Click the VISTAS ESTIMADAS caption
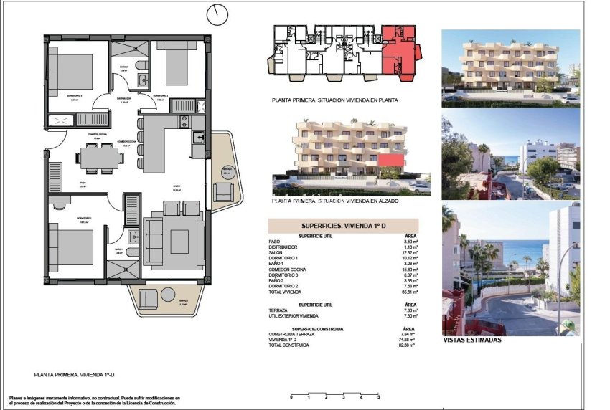pyautogui.click(x=472, y=340)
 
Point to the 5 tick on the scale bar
pyautogui.click(x=379, y=396)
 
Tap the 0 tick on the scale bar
pyautogui.click(x=291, y=396)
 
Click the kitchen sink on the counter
pyautogui.click(x=198, y=138)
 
